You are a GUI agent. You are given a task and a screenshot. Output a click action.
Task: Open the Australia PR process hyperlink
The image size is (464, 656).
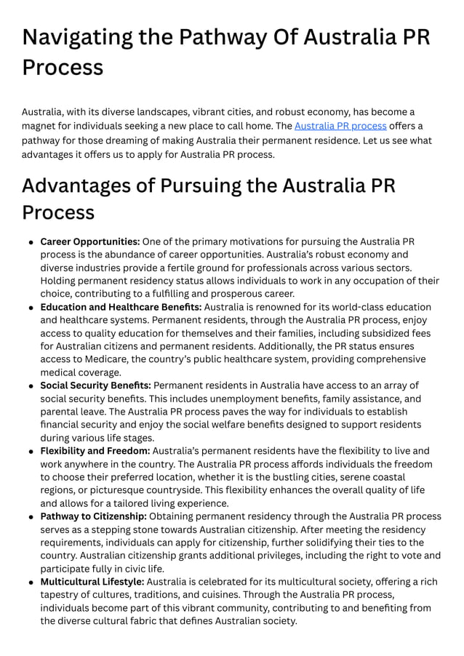tap(340, 126)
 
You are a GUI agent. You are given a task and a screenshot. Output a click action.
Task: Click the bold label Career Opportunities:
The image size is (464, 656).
tap(89, 241)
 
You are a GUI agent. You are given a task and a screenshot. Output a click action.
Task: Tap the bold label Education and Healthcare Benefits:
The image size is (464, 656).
tap(121, 307)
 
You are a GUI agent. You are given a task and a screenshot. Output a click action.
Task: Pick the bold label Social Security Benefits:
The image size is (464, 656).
tap(95, 385)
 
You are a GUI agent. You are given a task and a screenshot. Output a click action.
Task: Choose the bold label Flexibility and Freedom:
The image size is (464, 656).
tap(95, 451)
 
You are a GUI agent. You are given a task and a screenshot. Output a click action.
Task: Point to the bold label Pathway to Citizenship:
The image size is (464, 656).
tap(93, 516)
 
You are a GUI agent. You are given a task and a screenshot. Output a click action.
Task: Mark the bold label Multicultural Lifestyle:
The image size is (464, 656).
tap(92, 582)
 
